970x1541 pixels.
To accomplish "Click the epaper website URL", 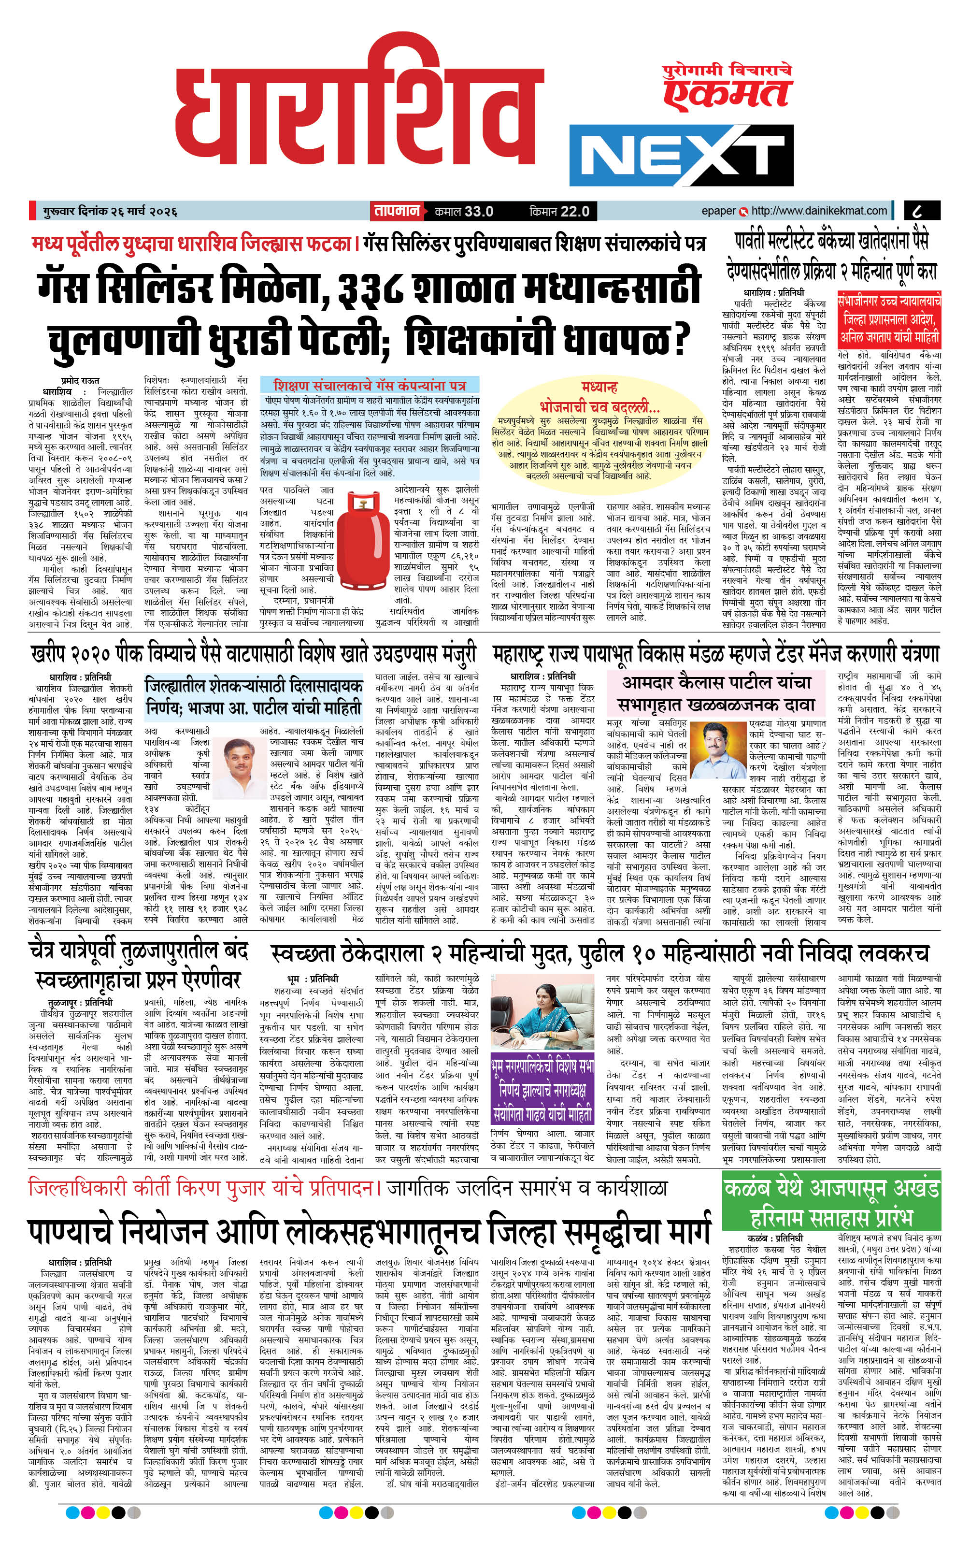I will pyautogui.click(x=818, y=211).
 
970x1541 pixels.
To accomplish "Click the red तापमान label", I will pyautogui.click(x=397, y=211).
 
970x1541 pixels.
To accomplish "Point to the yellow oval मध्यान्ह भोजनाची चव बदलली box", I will pyautogui.click(x=600, y=430).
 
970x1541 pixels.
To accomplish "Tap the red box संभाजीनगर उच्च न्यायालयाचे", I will pyautogui.click(x=889, y=318).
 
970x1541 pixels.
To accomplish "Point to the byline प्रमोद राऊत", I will pyautogui.click(x=80, y=380).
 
